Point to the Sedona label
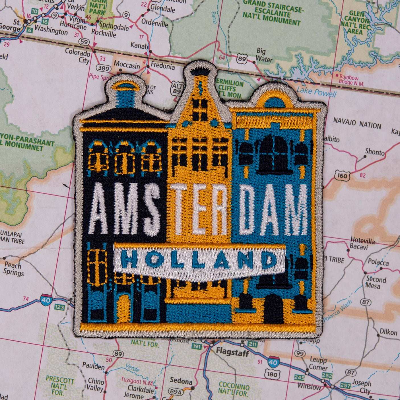181,381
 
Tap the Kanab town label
139,45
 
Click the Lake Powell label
316,92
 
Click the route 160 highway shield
342,175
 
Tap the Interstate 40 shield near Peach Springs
46,300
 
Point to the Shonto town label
375,152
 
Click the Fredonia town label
163,67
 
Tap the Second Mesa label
376,282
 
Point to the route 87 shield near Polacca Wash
366,302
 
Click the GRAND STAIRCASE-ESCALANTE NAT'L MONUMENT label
271,13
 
